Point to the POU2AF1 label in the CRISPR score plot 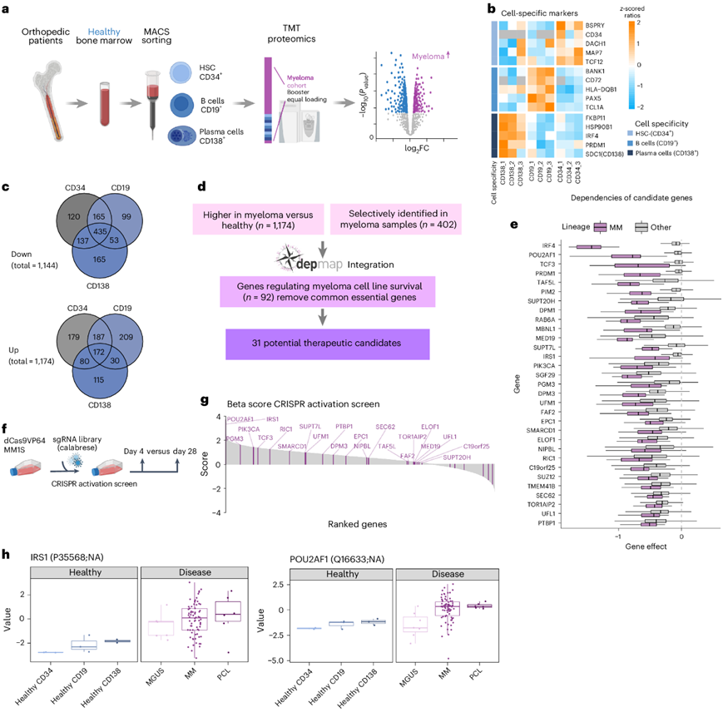coord(242,419)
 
